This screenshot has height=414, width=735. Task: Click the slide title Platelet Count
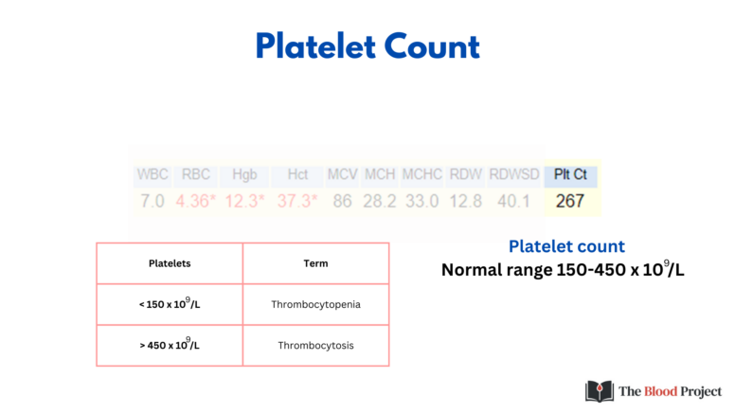pos(367,45)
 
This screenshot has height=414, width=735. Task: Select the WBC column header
pos(152,174)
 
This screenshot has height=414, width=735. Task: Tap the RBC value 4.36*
pos(196,201)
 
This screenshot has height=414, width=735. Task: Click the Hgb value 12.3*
pos(244,201)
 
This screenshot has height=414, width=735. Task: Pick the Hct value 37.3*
pos(296,201)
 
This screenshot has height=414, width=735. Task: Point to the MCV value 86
pos(342,201)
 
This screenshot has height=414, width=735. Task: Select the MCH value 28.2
pos(380,201)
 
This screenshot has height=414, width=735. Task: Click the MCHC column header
pos(421,174)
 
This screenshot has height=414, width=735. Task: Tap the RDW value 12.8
pos(465,201)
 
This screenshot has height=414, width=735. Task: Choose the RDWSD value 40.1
pos(513,201)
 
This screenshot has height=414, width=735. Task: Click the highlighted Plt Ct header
pos(570,174)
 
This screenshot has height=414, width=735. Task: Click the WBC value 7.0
pos(152,201)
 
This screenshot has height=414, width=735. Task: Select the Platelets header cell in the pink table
pos(170,263)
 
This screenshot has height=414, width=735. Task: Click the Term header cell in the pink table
pos(315,263)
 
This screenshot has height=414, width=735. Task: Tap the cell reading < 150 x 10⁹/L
pos(170,304)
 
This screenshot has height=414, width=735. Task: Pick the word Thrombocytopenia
pos(315,305)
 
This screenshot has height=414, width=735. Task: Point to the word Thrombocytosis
pos(315,346)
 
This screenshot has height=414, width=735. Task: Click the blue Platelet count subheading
pos(566,246)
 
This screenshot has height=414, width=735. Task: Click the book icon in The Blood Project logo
pos(600,391)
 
